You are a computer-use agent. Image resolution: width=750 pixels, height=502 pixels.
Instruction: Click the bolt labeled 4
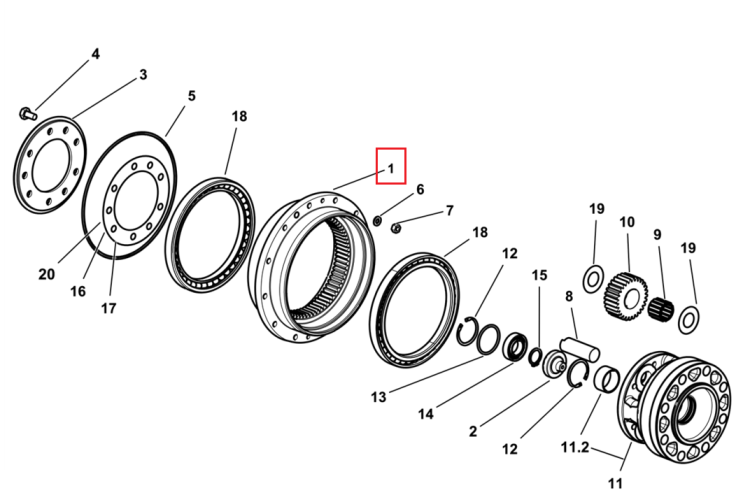[x=28, y=114]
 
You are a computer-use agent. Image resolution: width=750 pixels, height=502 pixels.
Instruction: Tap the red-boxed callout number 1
[x=391, y=169]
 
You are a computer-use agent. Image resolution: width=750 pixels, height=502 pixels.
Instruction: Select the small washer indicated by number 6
[x=377, y=220]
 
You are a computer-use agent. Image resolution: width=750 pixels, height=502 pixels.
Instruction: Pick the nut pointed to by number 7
[x=396, y=229]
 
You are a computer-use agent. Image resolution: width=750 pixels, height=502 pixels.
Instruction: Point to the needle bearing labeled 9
[x=661, y=307]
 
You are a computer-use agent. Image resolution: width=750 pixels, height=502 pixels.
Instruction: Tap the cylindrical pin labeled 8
[x=580, y=349]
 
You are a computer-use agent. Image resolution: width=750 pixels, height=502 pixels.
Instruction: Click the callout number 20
[x=46, y=274]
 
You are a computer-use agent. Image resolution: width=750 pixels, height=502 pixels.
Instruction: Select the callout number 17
[x=109, y=308]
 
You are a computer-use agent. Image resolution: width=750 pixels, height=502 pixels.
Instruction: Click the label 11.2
[x=574, y=448]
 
